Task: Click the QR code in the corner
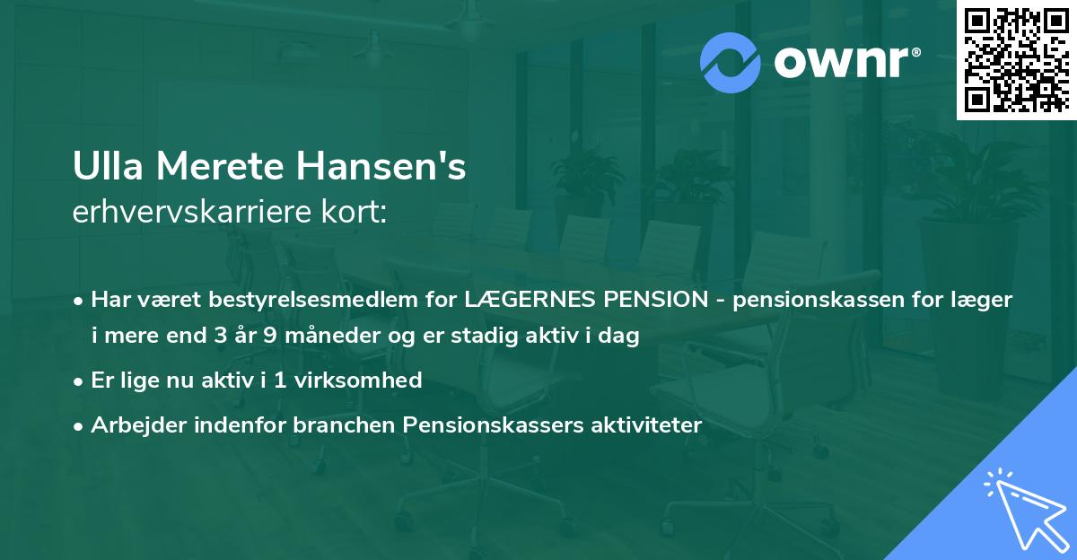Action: (x=1015, y=59)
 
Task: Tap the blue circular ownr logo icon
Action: (x=731, y=63)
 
